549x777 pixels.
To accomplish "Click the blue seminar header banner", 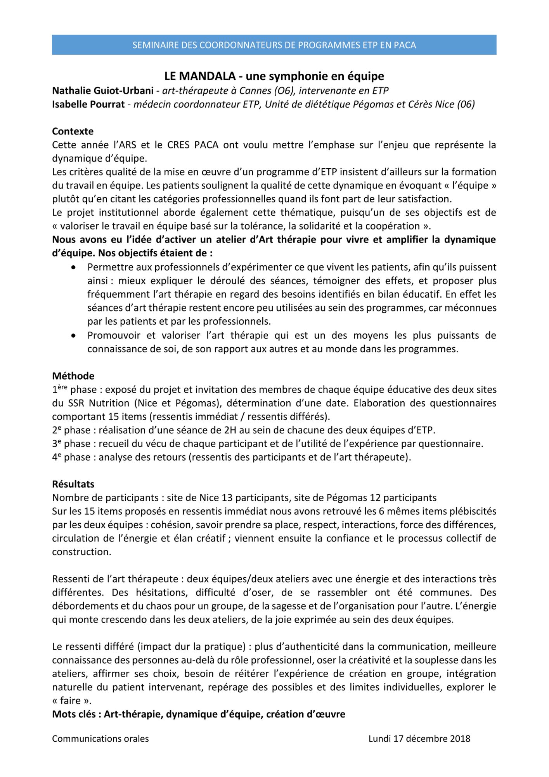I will (x=274, y=45).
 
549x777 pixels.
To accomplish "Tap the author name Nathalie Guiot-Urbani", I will (x=102, y=91).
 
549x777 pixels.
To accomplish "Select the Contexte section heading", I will (x=73, y=131).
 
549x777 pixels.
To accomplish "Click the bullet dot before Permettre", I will (x=74, y=267).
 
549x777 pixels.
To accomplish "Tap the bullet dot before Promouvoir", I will (x=74, y=335).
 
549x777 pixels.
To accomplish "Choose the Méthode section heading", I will (x=73, y=376).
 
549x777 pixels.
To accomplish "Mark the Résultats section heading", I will (x=73, y=484).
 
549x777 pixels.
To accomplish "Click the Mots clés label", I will (x=76, y=714).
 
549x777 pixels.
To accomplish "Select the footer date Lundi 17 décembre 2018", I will (x=419, y=739).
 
